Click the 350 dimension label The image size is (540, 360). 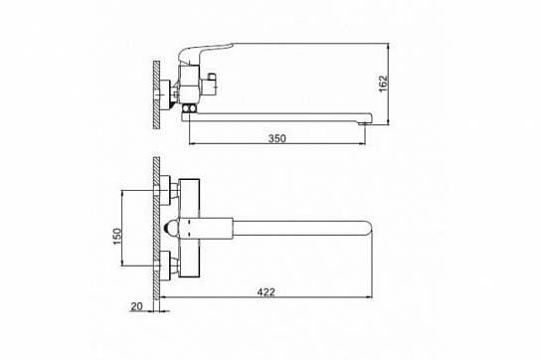click(x=277, y=138)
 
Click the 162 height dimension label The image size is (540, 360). click(x=383, y=84)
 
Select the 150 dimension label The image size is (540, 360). click(x=117, y=237)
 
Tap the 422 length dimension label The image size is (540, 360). click(x=267, y=292)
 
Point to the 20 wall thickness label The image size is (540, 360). click(x=136, y=306)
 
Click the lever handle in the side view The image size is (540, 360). click(x=205, y=53)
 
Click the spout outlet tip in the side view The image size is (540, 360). click(x=364, y=123)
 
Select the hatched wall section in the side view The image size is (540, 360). click(x=157, y=94)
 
